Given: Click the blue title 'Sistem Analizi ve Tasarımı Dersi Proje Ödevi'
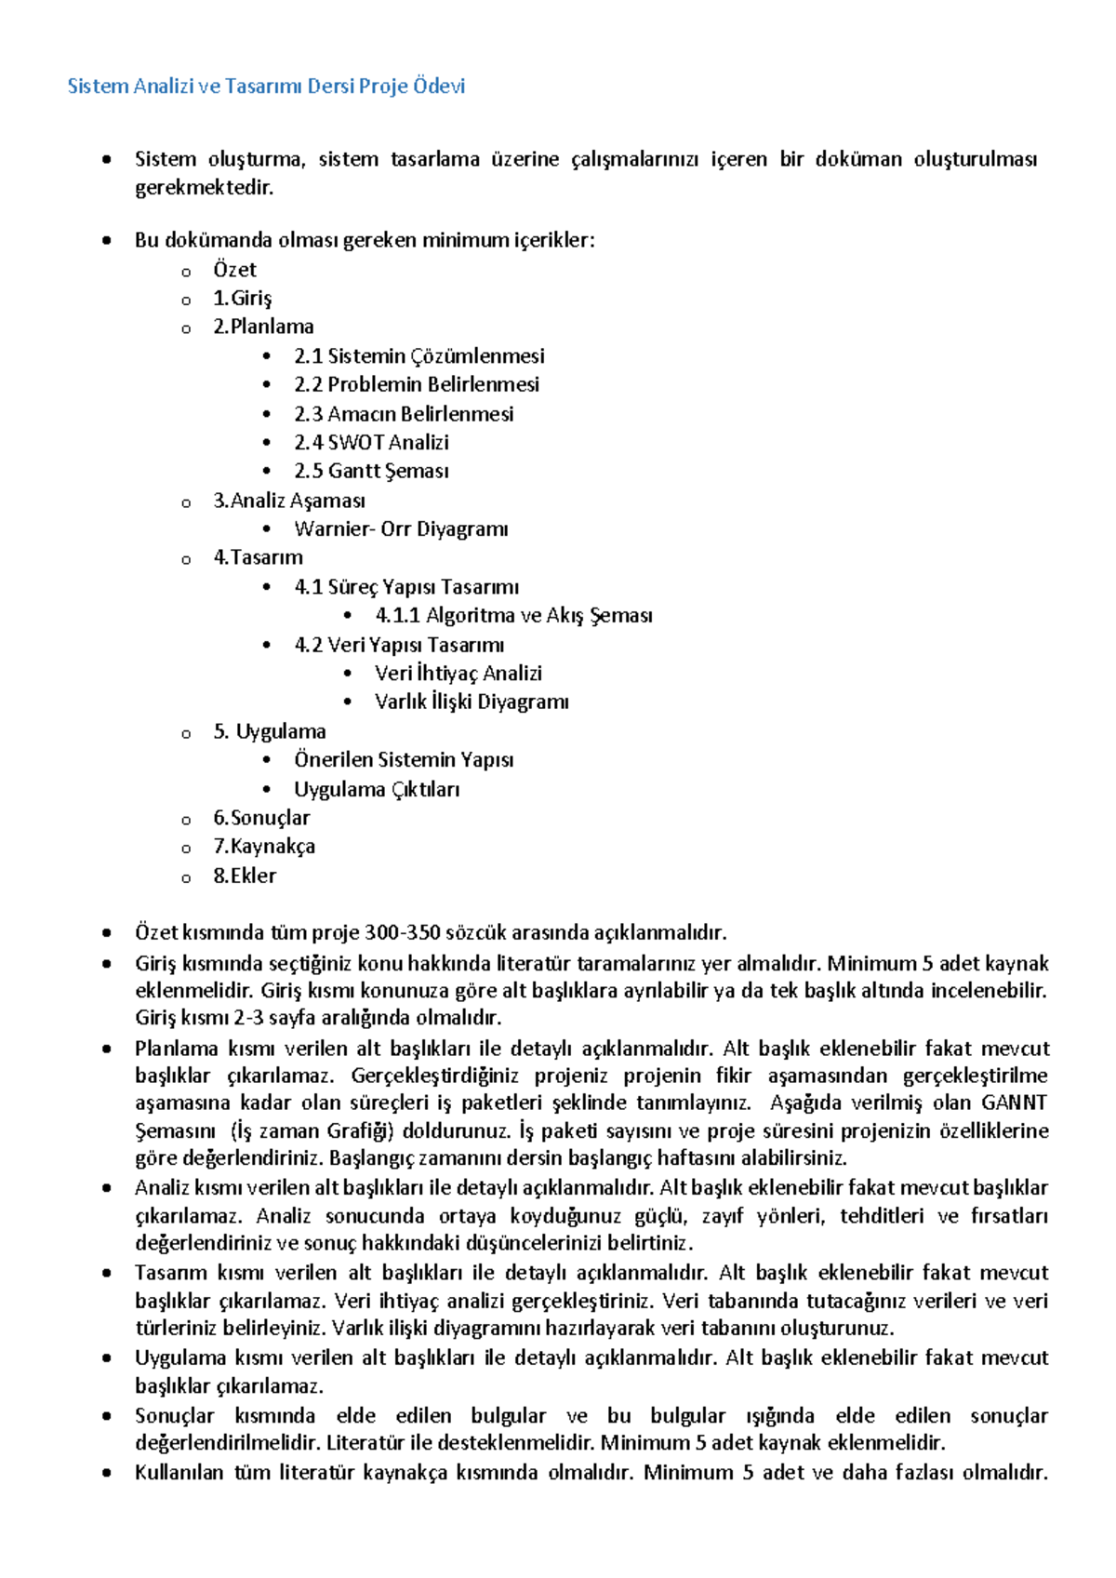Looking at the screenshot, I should tap(266, 87).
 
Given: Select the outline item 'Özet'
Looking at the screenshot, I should tap(234, 270).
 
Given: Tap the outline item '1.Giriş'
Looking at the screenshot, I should tap(242, 299).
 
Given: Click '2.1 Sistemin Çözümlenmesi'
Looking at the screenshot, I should tap(418, 356).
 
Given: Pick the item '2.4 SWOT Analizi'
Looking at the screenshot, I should tap(371, 443).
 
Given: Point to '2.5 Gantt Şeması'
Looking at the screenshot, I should tap(371, 472).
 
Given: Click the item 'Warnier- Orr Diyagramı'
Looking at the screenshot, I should tap(401, 529).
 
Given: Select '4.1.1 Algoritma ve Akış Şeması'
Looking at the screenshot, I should tap(513, 616).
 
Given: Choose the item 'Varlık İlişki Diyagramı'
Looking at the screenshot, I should tap(472, 702).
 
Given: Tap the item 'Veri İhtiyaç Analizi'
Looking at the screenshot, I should tap(458, 674).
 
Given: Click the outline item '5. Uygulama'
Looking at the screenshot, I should tap(270, 731).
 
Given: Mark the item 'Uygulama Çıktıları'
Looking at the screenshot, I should tap(377, 790).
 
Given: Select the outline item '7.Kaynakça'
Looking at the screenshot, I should tap(264, 847).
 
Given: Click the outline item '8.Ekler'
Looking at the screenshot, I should tap(245, 876).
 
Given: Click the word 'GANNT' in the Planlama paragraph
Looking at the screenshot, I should tap(1014, 1103).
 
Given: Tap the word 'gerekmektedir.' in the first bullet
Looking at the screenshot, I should tap(205, 188).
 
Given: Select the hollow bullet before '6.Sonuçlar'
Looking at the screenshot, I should tap(186, 821).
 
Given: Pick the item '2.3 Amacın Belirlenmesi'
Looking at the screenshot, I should tap(404, 414).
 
